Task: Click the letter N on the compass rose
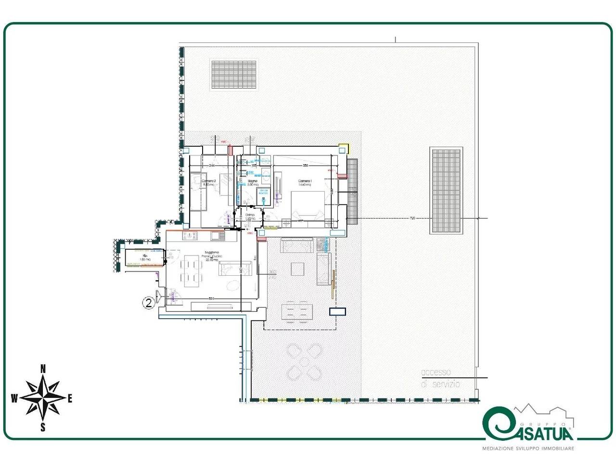tap(43, 369)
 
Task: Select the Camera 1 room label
tap(305, 182)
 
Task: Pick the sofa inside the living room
tap(235, 269)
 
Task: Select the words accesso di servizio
tap(440, 378)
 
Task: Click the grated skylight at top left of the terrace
tap(233, 75)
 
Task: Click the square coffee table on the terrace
tap(297, 269)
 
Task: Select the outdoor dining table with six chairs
tap(295, 310)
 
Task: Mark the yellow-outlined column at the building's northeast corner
tap(343, 148)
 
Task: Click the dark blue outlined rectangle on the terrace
tap(337, 311)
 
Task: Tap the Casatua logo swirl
tap(497, 424)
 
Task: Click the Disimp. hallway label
tap(250, 216)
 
